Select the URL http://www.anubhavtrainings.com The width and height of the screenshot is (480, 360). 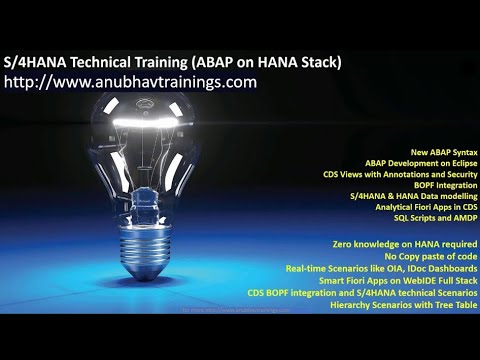[131, 82]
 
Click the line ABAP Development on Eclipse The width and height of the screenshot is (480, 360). [418, 162]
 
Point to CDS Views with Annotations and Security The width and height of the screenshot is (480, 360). [399, 174]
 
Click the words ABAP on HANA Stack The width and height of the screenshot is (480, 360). [270, 62]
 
